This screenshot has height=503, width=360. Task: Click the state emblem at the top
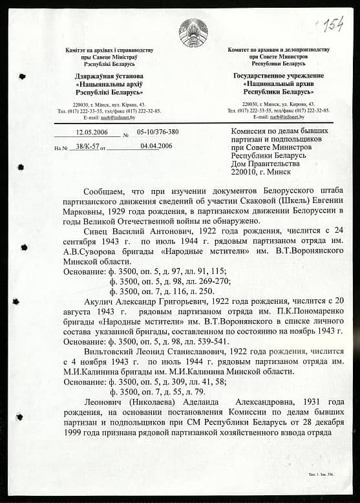click(x=193, y=32)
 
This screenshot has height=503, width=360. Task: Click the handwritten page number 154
click(x=332, y=25)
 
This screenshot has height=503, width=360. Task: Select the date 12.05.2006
click(x=90, y=132)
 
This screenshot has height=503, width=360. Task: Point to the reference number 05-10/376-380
click(x=158, y=132)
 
